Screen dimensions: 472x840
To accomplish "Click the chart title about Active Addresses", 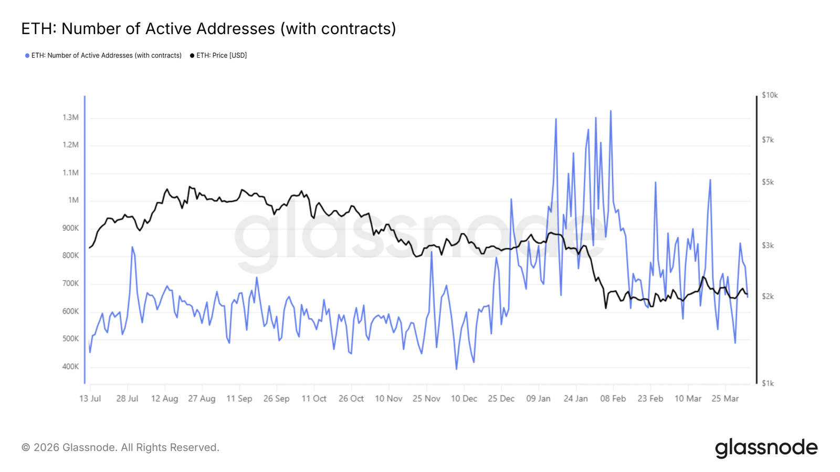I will (208, 28).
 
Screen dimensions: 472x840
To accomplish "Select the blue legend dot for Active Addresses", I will (27, 56).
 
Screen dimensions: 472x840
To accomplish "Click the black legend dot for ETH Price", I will (192, 56).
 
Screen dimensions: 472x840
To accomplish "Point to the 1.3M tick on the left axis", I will (70, 117).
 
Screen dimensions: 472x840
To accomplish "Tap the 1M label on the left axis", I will (73, 200).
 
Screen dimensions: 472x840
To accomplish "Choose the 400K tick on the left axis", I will (70, 367).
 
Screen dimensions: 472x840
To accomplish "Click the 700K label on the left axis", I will (70, 284).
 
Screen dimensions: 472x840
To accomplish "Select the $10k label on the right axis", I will (770, 95).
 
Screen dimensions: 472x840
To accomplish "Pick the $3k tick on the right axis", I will (768, 245).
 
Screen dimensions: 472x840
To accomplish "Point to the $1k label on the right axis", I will (768, 383).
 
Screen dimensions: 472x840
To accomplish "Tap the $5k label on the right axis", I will (768, 183).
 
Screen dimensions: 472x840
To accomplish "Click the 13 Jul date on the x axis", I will (90, 399).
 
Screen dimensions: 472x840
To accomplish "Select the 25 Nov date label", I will (426, 399).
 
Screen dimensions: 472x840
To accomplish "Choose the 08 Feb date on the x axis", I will (613, 399).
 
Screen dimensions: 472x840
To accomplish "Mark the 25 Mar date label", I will (725, 399).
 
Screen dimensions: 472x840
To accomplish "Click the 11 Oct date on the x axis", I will (314, 399).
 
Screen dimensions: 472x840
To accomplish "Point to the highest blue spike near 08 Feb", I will (611, 111).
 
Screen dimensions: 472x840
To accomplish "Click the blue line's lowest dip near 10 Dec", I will (456, 369).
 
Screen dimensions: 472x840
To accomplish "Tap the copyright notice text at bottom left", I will (120, 447).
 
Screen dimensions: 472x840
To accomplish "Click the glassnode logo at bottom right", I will (766, 448).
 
